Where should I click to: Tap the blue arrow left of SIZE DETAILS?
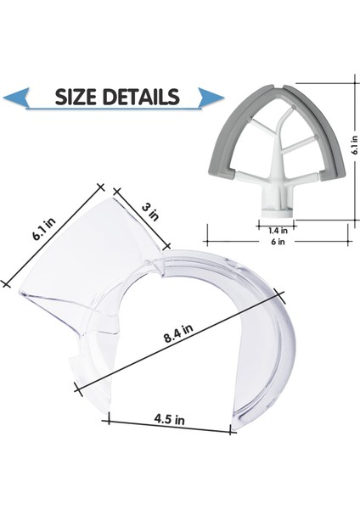pos(17,98)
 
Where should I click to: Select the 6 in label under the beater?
pos(278,242)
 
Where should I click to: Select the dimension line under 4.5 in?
pos(170,426)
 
